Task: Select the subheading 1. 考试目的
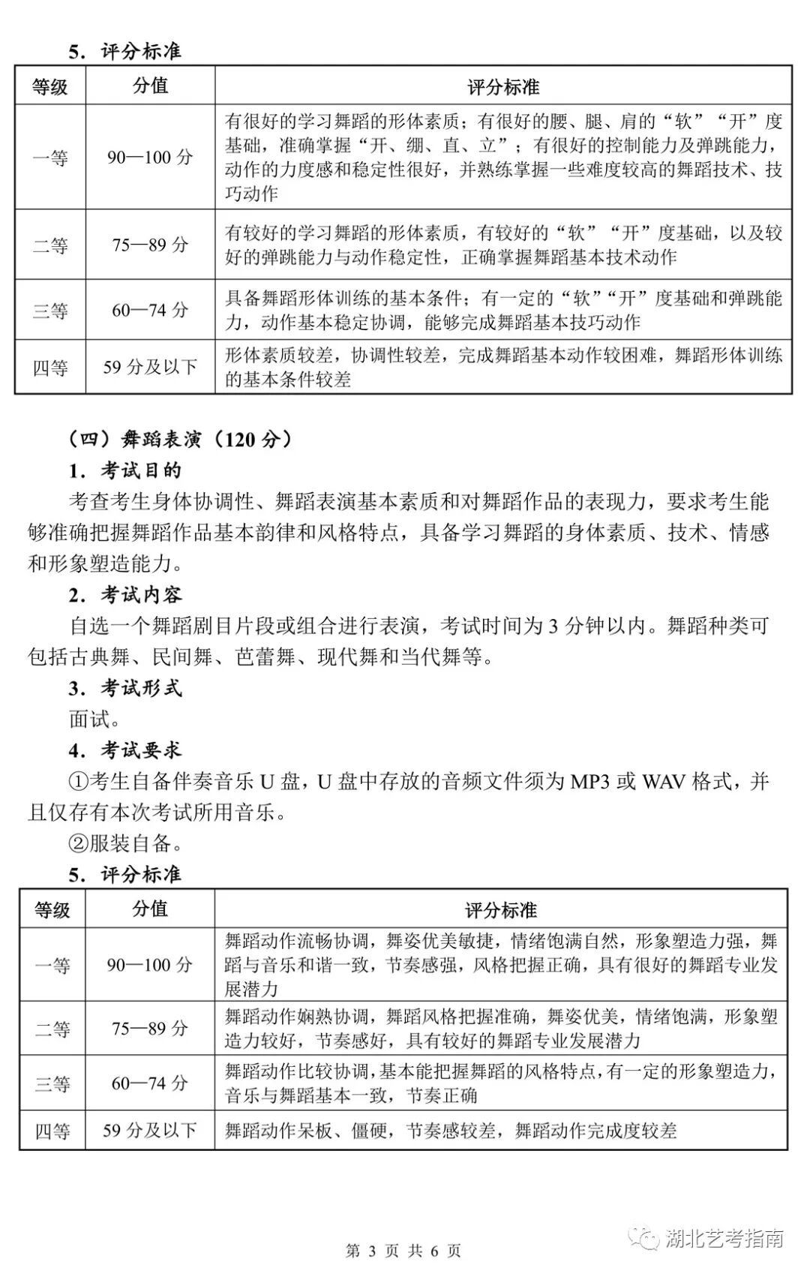coord(125,470)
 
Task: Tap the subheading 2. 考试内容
coord(125,595)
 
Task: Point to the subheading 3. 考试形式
coord(125,688)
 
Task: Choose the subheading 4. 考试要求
coord(125,750)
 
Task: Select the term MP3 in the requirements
coord(589,782)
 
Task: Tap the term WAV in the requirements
coord(664,782)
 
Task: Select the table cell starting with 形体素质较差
coord(502,367)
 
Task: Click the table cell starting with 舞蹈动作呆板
coord(450,1130)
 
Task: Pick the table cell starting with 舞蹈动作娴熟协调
coord(501,1029)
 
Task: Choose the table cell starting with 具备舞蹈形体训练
coord(502,310)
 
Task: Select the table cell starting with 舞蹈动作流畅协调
coord(501,965)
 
